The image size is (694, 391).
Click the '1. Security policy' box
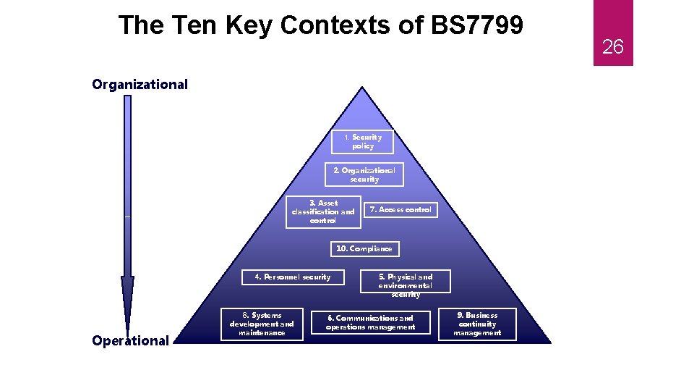click(362, 142)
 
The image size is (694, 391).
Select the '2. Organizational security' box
click(364, 175)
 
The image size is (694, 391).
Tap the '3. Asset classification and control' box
click(322, 212)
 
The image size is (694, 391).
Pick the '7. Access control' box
click(400, 210)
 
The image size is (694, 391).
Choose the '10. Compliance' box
click(364, 249)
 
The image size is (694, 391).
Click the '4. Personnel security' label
click(293, 277)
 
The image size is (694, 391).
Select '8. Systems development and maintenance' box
click(262, 324)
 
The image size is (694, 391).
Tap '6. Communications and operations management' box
click(370, 323)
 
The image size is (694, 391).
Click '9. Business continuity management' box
click(477, 324)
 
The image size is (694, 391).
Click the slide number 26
click(612, 48)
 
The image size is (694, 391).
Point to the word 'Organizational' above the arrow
click(140, 85)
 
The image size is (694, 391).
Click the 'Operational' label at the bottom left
click(130, 341)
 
